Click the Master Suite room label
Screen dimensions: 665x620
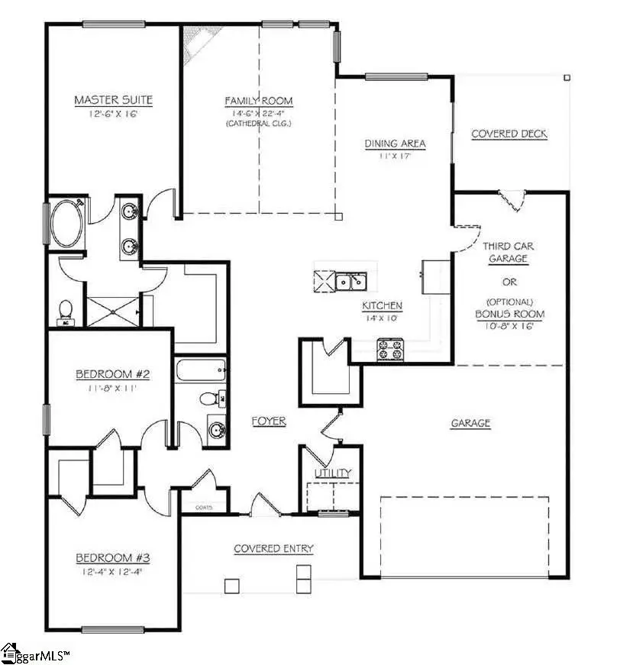pos(113,100)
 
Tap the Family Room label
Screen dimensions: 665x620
pos(258,101)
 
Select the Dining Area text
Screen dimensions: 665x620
pos(395,144)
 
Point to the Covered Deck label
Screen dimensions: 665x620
pos(509,134)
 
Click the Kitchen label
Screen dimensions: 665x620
pos(382,305)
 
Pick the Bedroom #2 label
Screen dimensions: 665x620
pos(111,374)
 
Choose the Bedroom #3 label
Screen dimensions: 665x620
pos(111,557)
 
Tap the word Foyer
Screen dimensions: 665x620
pos(269,421)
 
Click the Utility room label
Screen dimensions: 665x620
pos(333,473)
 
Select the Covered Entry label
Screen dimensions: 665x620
pos(273,548)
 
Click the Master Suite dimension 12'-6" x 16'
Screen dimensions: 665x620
pos(113,115)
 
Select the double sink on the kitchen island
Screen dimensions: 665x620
pos(352,282)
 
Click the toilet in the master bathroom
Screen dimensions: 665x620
pos(66,309)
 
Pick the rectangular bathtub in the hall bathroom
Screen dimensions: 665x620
pos(201,372)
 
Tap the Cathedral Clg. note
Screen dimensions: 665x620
pos(258,123)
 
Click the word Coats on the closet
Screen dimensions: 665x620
pos(203,507)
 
